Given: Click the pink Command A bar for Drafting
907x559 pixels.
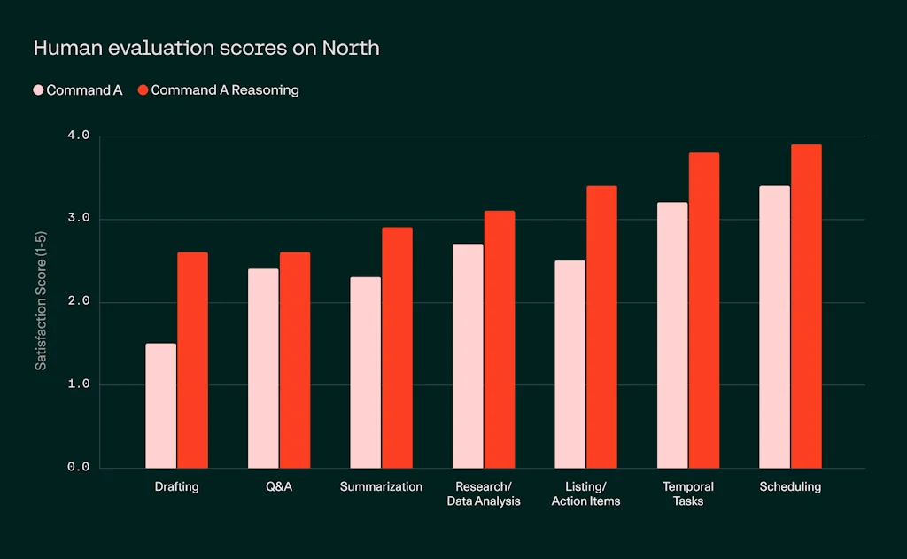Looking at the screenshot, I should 160,406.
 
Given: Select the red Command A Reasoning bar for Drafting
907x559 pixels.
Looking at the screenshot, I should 192,360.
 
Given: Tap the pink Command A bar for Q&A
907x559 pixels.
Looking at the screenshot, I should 263,368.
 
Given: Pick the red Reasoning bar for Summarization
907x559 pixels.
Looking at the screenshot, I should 397,347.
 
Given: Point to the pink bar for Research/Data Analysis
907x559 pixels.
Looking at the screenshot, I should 468,355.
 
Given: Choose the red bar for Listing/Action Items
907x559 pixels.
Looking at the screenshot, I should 601,327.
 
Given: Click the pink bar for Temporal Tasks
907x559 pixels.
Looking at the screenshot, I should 672,335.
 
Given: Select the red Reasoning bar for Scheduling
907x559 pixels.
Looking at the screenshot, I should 806,306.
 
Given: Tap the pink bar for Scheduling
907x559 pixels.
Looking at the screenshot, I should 774,326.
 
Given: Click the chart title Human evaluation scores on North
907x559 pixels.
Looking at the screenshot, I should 206,48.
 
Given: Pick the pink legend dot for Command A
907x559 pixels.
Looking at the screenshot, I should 38,89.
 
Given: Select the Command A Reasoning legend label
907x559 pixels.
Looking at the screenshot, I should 225,89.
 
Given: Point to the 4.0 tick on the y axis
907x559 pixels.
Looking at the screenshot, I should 79,136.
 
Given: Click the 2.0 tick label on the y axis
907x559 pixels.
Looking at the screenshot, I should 79,302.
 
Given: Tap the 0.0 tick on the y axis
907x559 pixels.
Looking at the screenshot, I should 79,468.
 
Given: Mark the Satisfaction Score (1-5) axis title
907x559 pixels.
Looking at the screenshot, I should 42,301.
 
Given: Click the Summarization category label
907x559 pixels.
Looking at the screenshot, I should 381,487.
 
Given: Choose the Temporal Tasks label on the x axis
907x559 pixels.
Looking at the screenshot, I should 688,493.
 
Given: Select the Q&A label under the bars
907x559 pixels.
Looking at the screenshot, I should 278,487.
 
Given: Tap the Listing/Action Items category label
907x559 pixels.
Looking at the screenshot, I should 585,493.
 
